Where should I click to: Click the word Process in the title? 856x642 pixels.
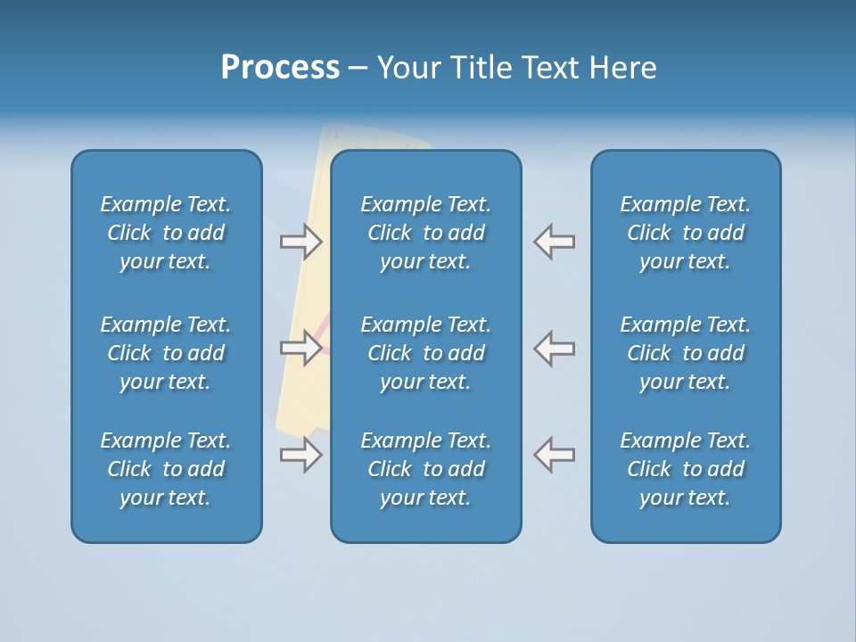tap(280, 68)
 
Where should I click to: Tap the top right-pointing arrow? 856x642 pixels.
tap(300, 241)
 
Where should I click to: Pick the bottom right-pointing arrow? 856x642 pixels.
tap(300, 455)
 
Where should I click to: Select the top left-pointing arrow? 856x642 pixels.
tap(555, 241)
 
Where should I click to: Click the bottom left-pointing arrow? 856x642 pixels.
tap(555, 455)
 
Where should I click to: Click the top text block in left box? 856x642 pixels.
tap(166, 233)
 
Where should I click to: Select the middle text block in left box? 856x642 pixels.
tap(166, 353)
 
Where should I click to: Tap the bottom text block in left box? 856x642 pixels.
tap(166, 469)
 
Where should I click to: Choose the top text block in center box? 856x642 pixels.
tap(426, 233)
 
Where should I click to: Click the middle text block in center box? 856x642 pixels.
tap(426, 353)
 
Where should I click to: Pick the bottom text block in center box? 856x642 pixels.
tap(426, 469)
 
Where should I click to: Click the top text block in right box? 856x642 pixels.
tap(686, 233)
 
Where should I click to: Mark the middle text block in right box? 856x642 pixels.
tap(686, 353)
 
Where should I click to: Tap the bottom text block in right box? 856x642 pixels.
tap(686, 469)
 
